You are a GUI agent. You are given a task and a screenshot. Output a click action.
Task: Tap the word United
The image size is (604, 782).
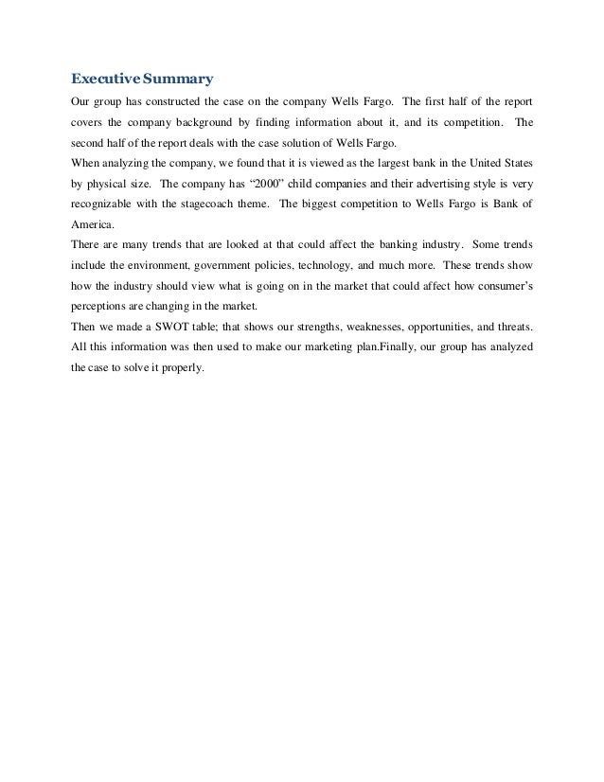click(x=483, y=162)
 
